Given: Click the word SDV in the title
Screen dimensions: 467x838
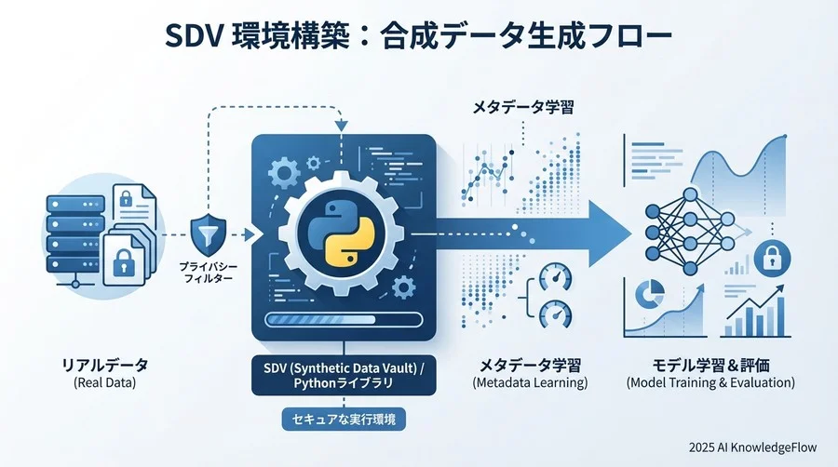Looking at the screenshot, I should coord(196,38).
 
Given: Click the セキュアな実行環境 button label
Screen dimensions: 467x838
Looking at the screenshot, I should coord(344,420).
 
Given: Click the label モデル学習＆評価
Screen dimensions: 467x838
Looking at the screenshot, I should coord(710,364).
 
